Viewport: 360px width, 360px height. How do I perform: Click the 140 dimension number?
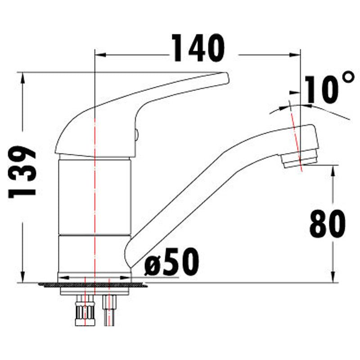point(198,48)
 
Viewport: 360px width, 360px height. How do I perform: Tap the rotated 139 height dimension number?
point(22,171)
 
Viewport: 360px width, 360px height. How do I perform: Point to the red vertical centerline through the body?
point(95,202)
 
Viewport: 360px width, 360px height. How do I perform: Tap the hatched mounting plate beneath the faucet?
point(49,284)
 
